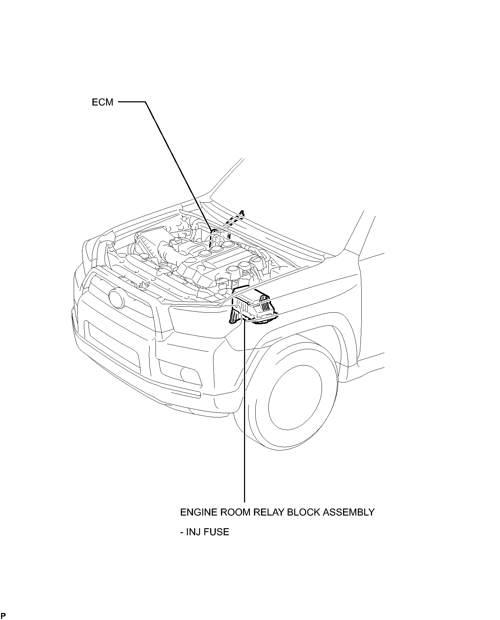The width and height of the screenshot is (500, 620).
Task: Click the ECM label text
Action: (x=103, y=102)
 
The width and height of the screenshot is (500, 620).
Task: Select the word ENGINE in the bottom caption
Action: (x=198, y=512)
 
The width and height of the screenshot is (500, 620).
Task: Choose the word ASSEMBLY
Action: (x=349, y=512)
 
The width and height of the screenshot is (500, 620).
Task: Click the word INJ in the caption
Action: (x=193, y=532)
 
